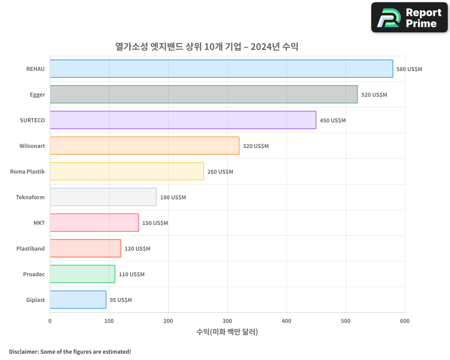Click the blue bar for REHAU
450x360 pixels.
pos(221,69)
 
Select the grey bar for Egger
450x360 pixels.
pos(203,94)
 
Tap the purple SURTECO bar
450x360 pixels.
pos(183,120)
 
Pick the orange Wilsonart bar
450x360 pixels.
pos(144,146)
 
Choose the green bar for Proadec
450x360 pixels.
pos(82,274)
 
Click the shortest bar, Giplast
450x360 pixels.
pos(78,300)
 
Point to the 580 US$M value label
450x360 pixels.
pos(409,69)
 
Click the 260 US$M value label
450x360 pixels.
pos(220,172)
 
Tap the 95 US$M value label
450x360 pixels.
pos(121,300)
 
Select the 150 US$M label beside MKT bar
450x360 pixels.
pos(155,223)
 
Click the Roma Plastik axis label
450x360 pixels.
pos(27,171)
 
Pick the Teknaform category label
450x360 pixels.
pos(31,197)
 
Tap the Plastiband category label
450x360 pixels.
pos(31,248)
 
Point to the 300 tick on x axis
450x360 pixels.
pos(227,321)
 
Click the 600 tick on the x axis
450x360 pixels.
pos(405,321)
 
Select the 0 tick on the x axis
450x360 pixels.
pos(50,321)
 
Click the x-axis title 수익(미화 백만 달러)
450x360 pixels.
pos(227,332)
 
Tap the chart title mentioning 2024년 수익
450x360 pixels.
pos(207,47)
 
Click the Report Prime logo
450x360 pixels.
pos(409,18)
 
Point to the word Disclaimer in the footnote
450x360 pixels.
pos(23,351)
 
